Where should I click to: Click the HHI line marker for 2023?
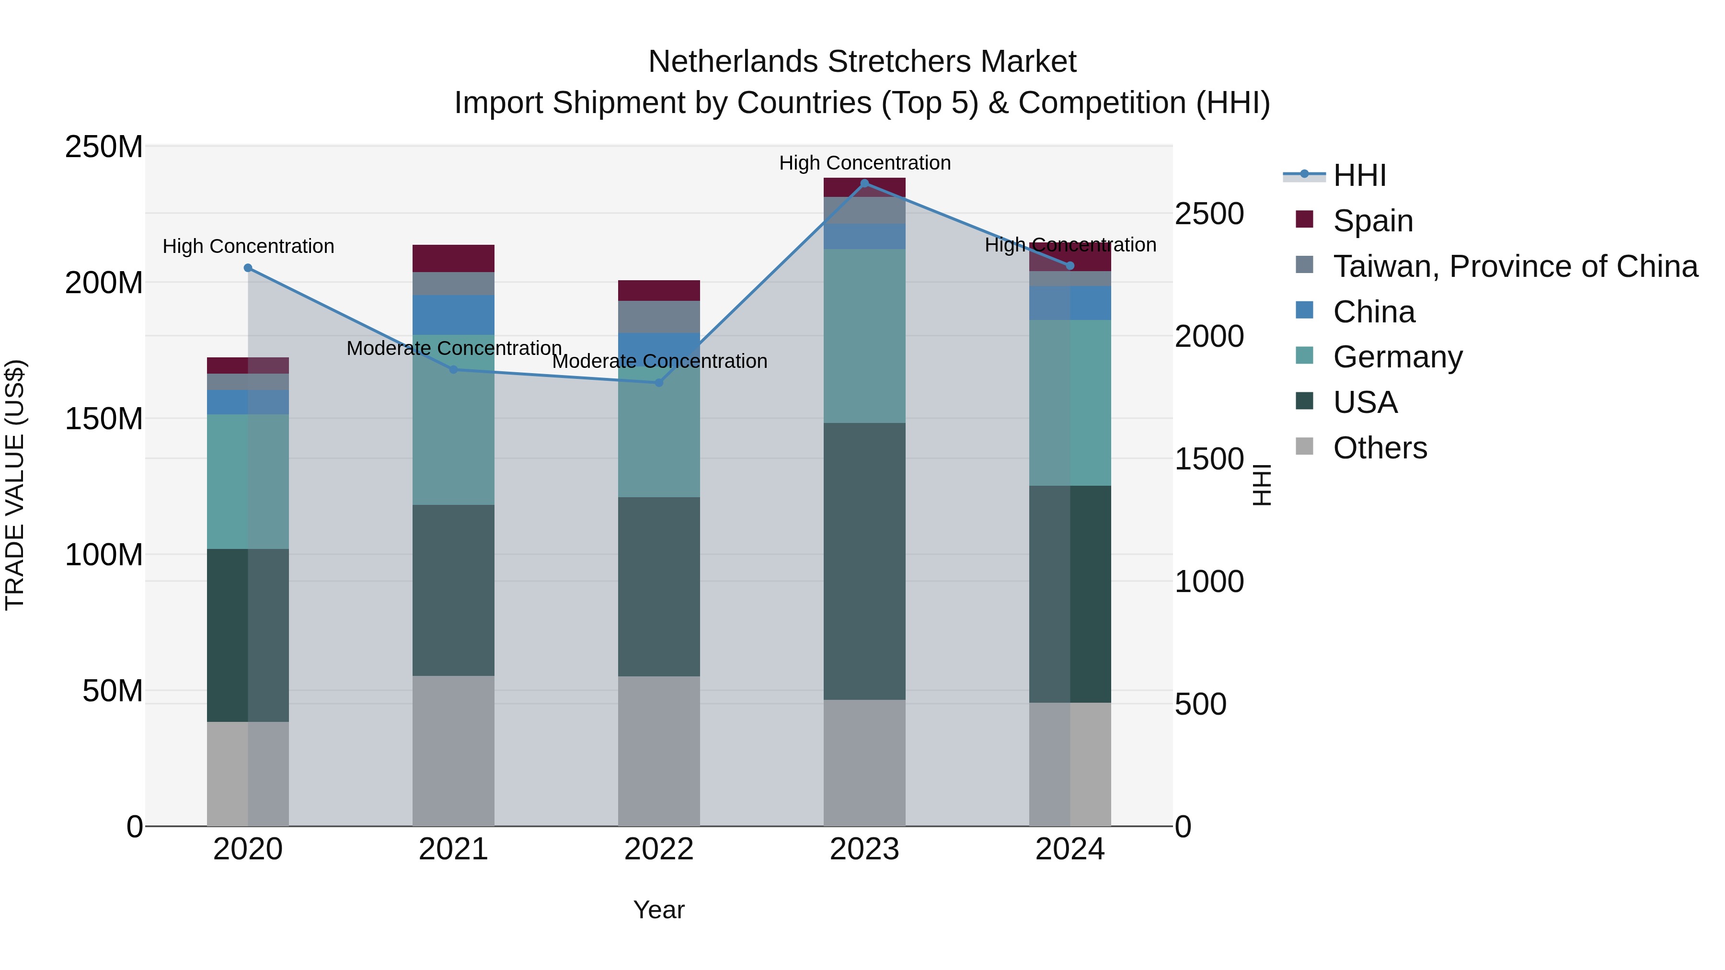864,183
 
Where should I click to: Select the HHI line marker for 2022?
658,383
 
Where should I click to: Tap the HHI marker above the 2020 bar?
248,268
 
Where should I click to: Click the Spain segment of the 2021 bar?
453,258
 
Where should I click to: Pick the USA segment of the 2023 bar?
864,561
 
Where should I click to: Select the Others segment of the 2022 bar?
658,751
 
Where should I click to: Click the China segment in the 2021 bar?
453,315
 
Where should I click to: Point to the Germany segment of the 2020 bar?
248,481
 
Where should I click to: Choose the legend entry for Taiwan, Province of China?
1515,266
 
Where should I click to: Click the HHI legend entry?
1359,175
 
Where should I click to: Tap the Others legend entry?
1380,448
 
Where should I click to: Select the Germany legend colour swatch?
1304,355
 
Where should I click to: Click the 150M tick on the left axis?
104,419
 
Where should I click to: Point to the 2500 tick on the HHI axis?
1209,214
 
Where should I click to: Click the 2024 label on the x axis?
1069,849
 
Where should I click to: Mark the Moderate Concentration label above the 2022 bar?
660,362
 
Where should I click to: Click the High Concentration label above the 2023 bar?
864,163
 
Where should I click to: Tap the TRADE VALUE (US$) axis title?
15,485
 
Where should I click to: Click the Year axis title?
658,910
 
